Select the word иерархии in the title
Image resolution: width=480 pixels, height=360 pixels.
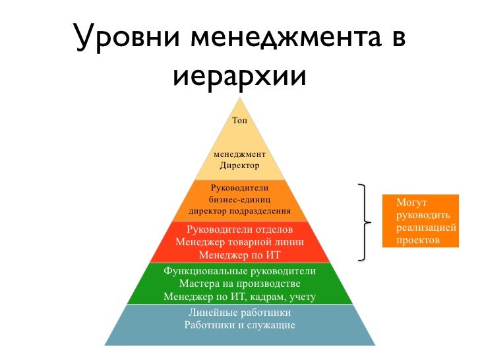pos(240,76)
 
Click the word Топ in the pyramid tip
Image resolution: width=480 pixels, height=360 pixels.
pos(240,121)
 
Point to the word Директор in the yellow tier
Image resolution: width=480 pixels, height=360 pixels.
pos(239,165)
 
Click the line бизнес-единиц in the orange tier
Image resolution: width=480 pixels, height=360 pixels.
pos(239,199)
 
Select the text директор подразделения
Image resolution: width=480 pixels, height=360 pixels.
pos(239,212)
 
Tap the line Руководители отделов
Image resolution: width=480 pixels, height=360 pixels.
pos(240,229)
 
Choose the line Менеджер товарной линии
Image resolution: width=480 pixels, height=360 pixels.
pos(240,241)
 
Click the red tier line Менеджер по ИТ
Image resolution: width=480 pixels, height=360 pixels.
pos(240,254)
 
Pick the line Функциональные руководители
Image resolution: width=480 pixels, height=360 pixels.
pos(240,271)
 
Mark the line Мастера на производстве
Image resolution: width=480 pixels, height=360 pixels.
pos(240,284)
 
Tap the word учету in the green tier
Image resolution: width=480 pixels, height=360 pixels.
pos(301,297)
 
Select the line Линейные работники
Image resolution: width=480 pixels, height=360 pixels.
pos(240,313)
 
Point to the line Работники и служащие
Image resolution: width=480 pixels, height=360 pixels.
pos(240,325)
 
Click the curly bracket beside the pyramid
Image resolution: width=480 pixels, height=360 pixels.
pos(365,222)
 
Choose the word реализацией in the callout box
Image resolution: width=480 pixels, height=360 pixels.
pos(426,227)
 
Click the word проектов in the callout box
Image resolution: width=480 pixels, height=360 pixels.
pos(418,240)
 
